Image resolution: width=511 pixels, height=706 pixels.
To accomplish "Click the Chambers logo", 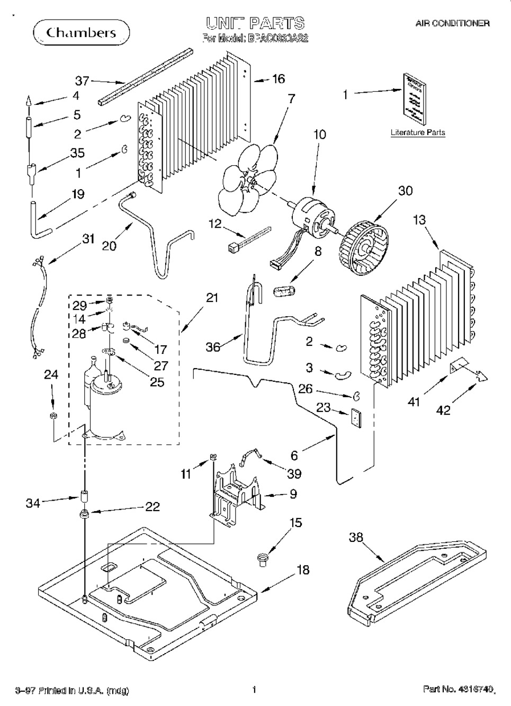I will point(81,33).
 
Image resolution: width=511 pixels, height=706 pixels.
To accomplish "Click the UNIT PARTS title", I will point(255,23).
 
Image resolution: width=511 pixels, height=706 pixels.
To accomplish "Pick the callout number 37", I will point(82,81).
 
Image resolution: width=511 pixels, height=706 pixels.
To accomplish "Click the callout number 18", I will point(302,570).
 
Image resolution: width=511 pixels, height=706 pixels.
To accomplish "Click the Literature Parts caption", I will point(418,132).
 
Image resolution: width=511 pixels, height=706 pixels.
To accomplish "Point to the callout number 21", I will point(212,298).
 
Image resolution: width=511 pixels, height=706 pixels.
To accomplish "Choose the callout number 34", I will point(33,503).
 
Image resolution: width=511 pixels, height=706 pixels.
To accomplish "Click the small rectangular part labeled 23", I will point(356,419).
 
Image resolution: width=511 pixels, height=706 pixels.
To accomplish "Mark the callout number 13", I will point(419,219).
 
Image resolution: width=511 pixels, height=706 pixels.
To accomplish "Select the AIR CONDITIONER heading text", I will point(452,23).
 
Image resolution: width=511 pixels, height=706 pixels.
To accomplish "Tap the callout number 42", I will point(443,409).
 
